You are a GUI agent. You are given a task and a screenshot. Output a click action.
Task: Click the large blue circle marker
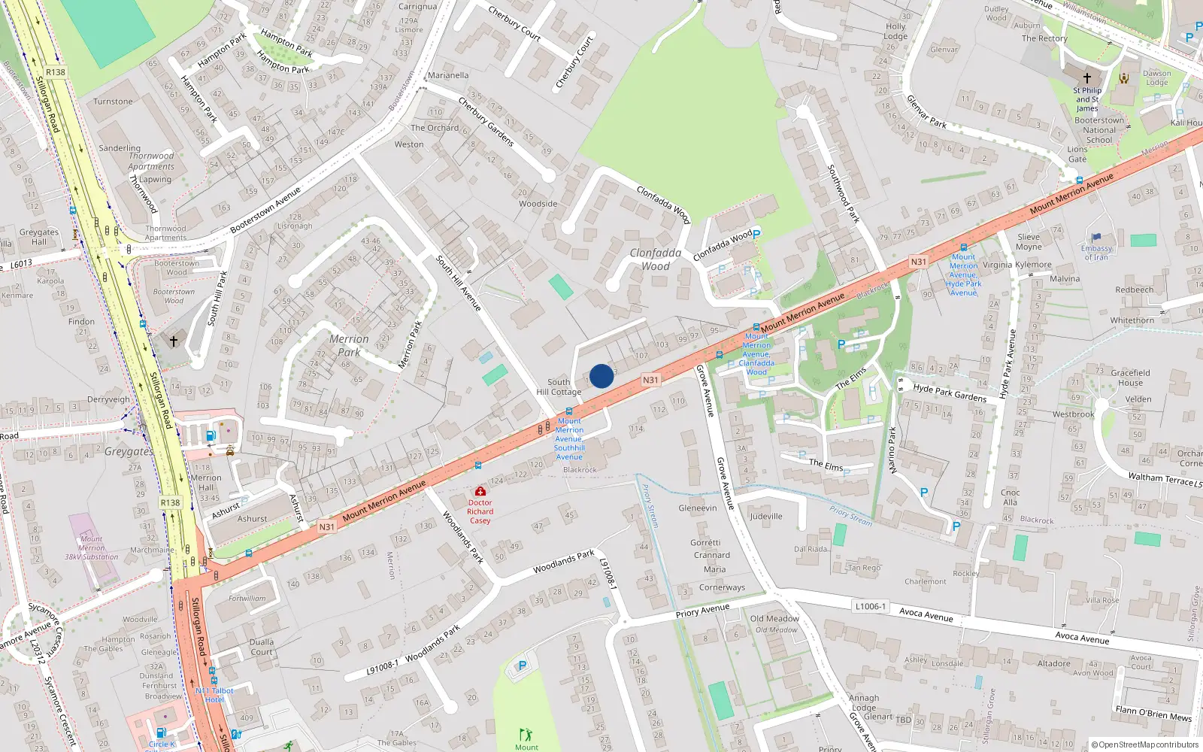pos(601,376)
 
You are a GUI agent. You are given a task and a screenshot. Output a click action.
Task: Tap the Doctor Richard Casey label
pos(480,511)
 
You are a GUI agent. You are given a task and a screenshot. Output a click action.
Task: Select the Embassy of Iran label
pos(1096,253)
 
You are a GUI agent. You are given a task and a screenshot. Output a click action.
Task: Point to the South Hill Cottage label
pos(559,387)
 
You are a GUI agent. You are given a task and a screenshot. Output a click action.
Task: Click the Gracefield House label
pos(1130,378)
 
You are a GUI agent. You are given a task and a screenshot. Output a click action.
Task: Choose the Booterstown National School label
pos(1099,130)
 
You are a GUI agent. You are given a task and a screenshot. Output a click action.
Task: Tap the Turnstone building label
pos(113,102)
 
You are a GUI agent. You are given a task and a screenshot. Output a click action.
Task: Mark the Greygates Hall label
pos(38,237)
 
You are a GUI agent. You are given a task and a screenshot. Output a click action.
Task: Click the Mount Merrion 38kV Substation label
pos(92,548)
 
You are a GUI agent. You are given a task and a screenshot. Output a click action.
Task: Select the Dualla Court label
pos(262,647)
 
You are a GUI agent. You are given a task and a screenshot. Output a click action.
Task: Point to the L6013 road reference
pos(20,264)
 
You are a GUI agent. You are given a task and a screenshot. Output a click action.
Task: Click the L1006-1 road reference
pos(870,606)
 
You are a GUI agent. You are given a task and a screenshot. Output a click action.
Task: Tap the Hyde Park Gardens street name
pos(950,393)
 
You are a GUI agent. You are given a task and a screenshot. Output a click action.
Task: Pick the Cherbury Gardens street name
pos(486,123)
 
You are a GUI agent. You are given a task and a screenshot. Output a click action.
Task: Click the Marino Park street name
pos(892,450)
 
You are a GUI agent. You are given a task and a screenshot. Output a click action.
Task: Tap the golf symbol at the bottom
pos(526,734)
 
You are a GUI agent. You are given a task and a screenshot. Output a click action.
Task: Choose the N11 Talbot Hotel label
pos(214,695)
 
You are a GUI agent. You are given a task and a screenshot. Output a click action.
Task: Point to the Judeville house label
pos(766,517)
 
